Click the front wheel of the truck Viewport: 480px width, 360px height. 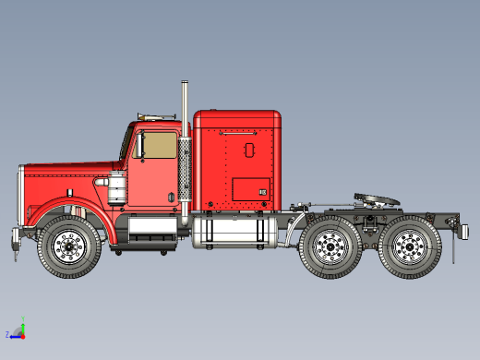(70, 247)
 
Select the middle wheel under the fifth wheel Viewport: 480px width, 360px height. (330, 247)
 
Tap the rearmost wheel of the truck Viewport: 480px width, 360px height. (408, 247)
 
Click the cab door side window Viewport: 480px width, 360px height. (157, 145)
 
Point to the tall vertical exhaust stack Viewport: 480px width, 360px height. (185, 152)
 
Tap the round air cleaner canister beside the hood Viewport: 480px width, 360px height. (118, 188)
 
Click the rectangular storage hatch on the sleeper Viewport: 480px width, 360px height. (250, 188)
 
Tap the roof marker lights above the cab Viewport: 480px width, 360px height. (155, 115)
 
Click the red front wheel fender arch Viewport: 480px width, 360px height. (69, 211)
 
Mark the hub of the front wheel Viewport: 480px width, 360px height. (70, 247)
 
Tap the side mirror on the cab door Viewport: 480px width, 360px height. (141, 146)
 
